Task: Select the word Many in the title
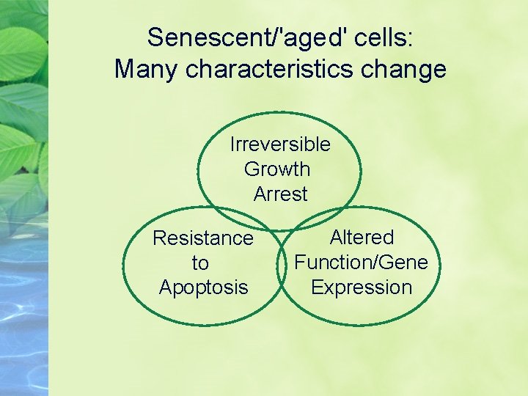tap(147, 70)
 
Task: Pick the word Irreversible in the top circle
tap(280, 144)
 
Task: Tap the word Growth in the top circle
tap(277, 169)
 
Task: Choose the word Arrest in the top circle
tap(280, 194)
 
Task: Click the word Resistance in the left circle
tap(202, 238)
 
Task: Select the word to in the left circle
tap(200, 263)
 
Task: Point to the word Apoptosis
tap(203, 287)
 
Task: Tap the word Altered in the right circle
tap(362, 238)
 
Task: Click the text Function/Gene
tap(361, 262)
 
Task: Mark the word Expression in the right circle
tap(362, 287)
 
